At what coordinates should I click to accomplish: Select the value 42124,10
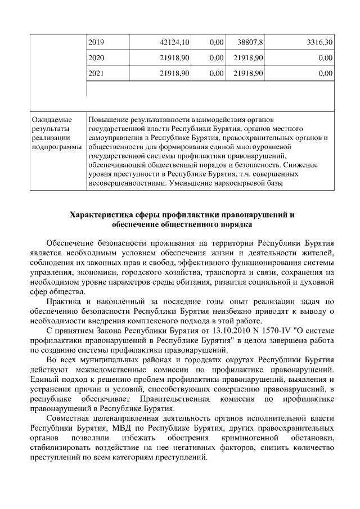(175, 42)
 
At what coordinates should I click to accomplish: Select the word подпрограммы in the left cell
(56, 147)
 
